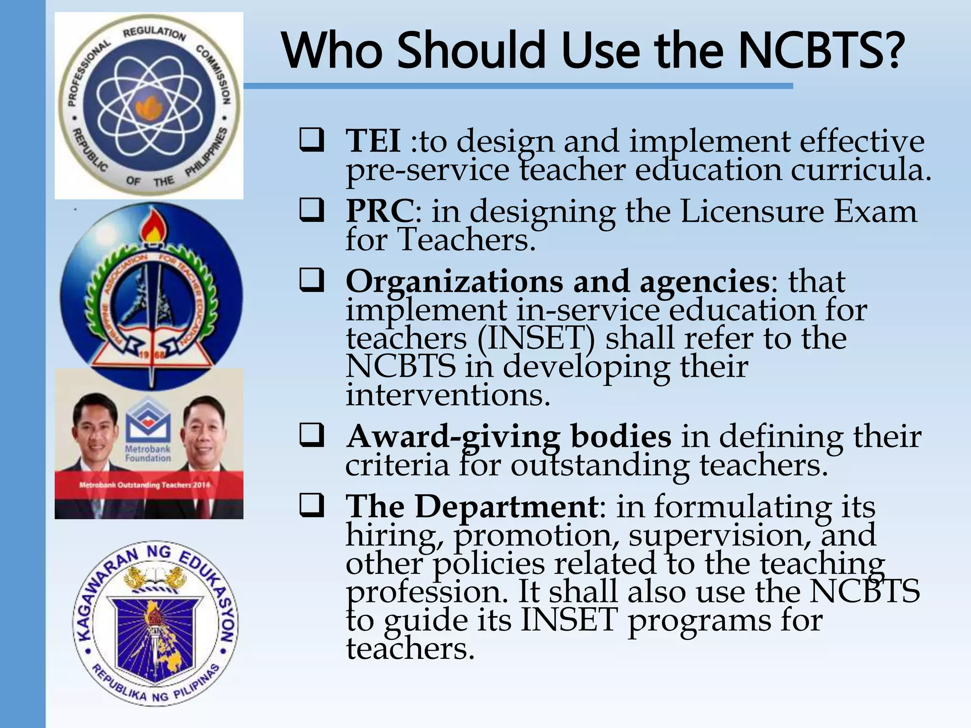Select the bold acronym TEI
click(x=373, y=141)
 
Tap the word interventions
click(x=448, y=395)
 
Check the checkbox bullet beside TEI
click(x=311, y=140)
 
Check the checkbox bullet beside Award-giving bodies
click(x=311, y=435)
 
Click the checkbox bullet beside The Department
click(x=311, y=506)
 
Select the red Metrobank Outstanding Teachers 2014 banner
click(x=149, y=485)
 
